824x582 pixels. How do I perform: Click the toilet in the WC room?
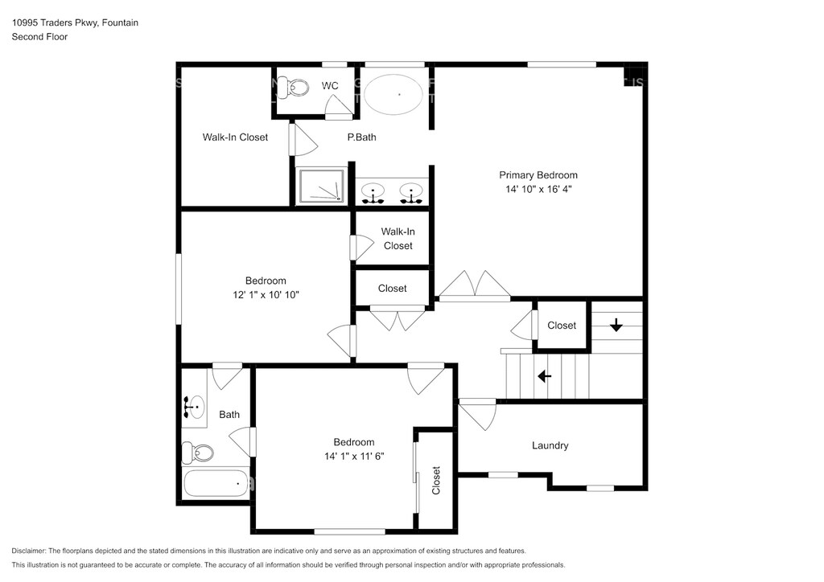point(293,87)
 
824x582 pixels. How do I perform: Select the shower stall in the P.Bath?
point(321,185)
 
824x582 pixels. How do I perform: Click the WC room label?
point(330,85)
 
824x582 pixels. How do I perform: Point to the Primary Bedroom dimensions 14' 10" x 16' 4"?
point(538,189)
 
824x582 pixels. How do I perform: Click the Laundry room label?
point(550,445)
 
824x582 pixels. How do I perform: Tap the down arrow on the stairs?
point(616,325)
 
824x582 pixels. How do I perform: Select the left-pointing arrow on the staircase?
point(545,376)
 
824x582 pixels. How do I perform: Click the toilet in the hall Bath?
point(198,453)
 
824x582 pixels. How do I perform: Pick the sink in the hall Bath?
point(194,408)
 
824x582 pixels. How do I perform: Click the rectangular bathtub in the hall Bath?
point(216,483)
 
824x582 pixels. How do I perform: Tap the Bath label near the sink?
point(229,415)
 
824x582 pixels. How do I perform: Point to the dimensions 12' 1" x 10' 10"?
point(266,295)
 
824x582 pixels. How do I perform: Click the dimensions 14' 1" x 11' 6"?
point(354,457)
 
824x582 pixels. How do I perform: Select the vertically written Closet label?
point(435,480)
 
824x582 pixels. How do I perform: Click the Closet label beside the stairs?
point(562,326)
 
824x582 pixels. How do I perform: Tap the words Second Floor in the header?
point(40,37)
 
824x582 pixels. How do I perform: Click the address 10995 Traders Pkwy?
point(55,23)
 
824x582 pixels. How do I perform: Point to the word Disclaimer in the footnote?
point(28,551)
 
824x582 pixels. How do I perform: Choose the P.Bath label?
point(361,137)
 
